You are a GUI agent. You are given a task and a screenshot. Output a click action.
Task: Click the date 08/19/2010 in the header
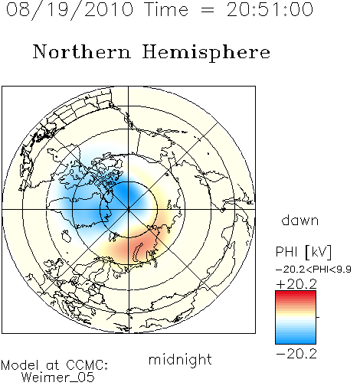70,10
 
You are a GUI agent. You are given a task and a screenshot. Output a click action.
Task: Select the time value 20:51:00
270,10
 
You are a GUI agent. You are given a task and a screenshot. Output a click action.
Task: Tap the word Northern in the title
82,51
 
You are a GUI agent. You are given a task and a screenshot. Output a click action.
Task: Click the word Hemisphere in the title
206,53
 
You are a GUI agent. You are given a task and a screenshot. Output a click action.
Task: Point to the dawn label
300,221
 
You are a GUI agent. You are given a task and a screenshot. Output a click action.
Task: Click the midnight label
180,360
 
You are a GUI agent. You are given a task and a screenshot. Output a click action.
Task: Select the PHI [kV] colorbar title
303,252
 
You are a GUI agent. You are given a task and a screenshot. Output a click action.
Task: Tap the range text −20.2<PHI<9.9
314,270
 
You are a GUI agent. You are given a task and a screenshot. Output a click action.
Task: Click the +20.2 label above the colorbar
296,284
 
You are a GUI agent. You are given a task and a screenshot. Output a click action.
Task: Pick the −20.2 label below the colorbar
296,354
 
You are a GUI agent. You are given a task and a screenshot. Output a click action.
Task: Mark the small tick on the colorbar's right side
318,317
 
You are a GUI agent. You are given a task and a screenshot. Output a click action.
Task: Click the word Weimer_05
58,378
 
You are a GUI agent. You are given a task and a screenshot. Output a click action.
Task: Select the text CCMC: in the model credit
87,365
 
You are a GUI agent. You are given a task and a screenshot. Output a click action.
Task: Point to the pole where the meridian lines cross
129,209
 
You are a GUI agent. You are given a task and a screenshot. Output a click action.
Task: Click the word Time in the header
166,10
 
